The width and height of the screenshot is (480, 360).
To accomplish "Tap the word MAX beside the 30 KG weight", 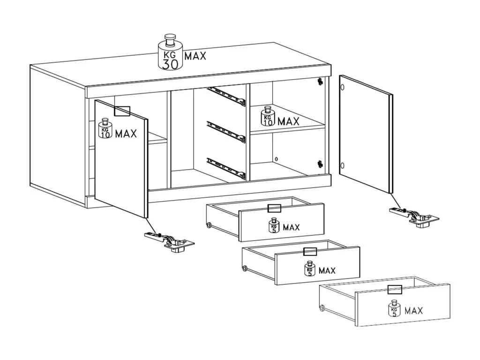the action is (x=195, y=56).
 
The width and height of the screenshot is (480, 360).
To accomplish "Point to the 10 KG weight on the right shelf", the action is (x=268, y=116).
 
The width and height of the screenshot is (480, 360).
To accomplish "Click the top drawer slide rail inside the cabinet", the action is (x=226, y=96).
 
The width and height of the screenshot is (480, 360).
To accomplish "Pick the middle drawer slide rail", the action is (x=226, y=132).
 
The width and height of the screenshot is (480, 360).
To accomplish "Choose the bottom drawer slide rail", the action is (x=226, y=168).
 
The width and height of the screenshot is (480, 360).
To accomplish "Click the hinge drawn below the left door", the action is (x=169, y=242).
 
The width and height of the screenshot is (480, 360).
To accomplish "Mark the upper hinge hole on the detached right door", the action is (x=343, y=87).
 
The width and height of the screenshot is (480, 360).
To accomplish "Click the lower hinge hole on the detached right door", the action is (x=343, y=165).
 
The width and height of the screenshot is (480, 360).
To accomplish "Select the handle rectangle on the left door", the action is (x=122, y=111).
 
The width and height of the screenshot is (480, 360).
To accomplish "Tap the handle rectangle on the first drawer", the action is (x=274, y=208).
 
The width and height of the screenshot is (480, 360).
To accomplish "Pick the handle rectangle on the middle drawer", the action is (x=310, y=252).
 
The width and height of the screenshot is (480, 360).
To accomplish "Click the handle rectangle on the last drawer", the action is (x=395, y=289).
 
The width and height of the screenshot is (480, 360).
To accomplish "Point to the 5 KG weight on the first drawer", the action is (x=274, y=225).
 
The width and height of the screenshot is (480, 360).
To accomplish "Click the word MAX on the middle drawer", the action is (x=327, y=270).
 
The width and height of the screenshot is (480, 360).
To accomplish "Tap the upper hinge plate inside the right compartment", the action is (x=320, y=82).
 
